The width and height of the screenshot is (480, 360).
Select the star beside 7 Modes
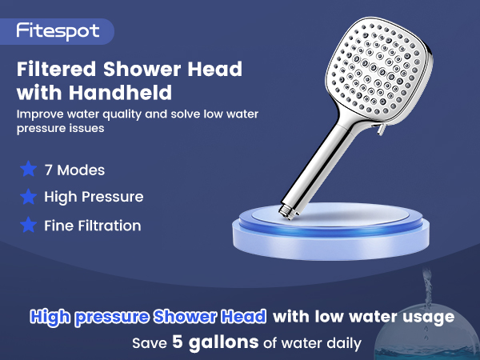pyautogui.click(x=29, y=169)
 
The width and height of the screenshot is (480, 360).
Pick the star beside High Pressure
pyautogui.click(x=29, y=197)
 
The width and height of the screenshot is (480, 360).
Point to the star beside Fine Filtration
pyautogui.click(x=29, y=225)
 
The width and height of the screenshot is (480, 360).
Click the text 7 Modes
pyautogui.click(x=74, y=170)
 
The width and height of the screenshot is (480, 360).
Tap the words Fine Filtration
pyautogui.click(x=93, y=226)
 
